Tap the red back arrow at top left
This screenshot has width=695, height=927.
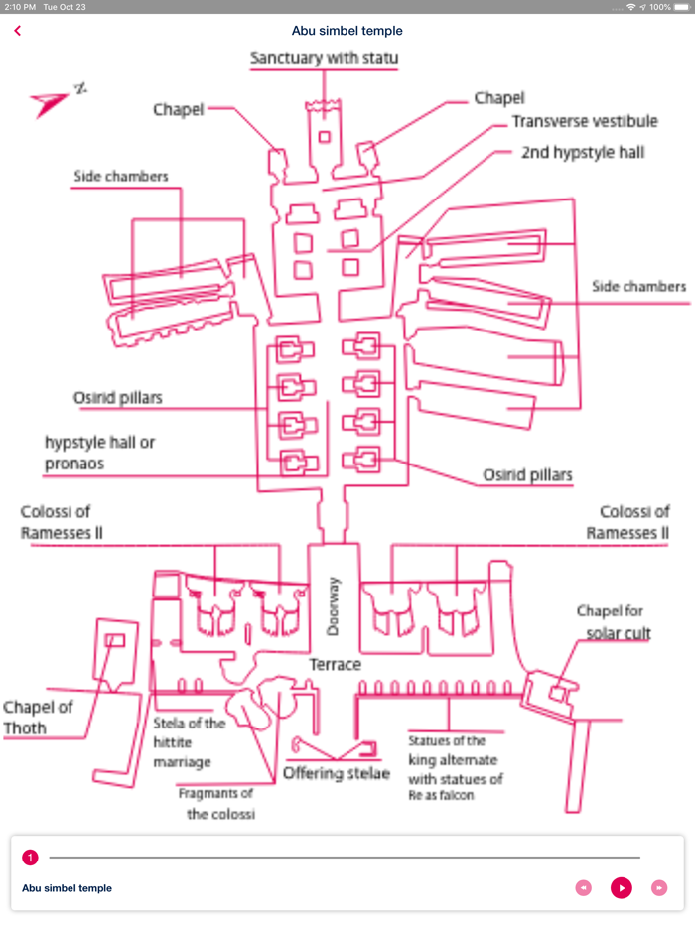tap(18, 31)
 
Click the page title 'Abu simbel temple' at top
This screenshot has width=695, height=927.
tap(347, 31)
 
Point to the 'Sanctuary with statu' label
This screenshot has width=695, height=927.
tap(324, 58)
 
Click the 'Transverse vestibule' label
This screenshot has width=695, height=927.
tap(584, 122)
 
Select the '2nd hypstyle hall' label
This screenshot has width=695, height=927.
tap(583, 153)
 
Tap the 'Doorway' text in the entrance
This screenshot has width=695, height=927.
tap(334, 606)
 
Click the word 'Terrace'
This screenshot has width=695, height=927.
tap(335, 664)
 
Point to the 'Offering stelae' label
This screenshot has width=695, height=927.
tap(337, 773)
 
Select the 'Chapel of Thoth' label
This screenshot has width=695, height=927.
tap(38, 718)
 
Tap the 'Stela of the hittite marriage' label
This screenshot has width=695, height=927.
tap(189, 742)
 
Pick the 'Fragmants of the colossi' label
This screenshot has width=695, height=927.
tap(216, 803)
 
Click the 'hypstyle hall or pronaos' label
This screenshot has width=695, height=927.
tap(99, 453)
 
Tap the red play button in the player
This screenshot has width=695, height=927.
tap(621, 887)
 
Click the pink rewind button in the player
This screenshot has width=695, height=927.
tap(584, 887)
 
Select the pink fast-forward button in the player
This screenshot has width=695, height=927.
tap(658, 887)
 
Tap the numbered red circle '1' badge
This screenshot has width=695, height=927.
tap(30, 857)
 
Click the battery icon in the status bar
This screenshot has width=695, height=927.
tap(681, 7)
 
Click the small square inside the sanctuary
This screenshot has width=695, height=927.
tap(325, 135)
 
